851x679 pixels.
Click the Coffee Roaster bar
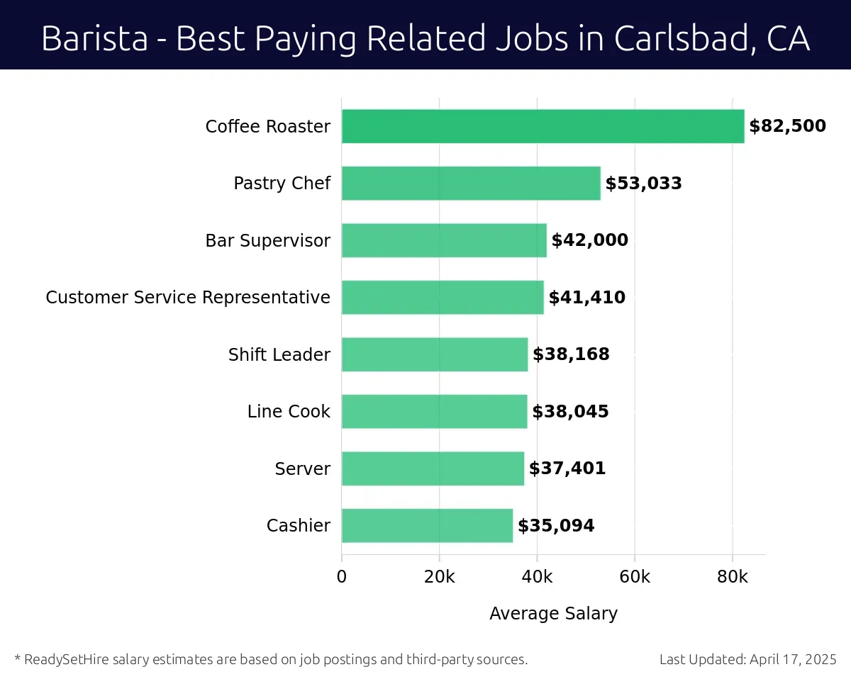click(x=543, y=126)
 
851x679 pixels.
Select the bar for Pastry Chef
click(x=471, y=184)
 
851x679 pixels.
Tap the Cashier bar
click(x=427, y=525)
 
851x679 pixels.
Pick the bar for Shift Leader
click(x=435, y=354)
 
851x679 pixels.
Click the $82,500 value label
click(x=787, y=126)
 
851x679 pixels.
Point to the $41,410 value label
click(x=586, y=298)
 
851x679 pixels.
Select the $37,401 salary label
click(x=567, y=468)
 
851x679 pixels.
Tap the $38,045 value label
click(x=570, y=412)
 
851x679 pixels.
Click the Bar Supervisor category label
click(x=267, y=241)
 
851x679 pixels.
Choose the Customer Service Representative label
click(x=188, y=298)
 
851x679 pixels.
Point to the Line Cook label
click(x=289, y=412)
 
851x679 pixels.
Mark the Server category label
click(x=303, y=468)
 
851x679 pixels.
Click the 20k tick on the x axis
click(x=439, y=577)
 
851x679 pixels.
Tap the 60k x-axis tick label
click(x=635, y=577)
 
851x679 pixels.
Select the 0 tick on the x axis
click(x=342, y=577)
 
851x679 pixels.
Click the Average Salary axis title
click(x=553, y=613)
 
